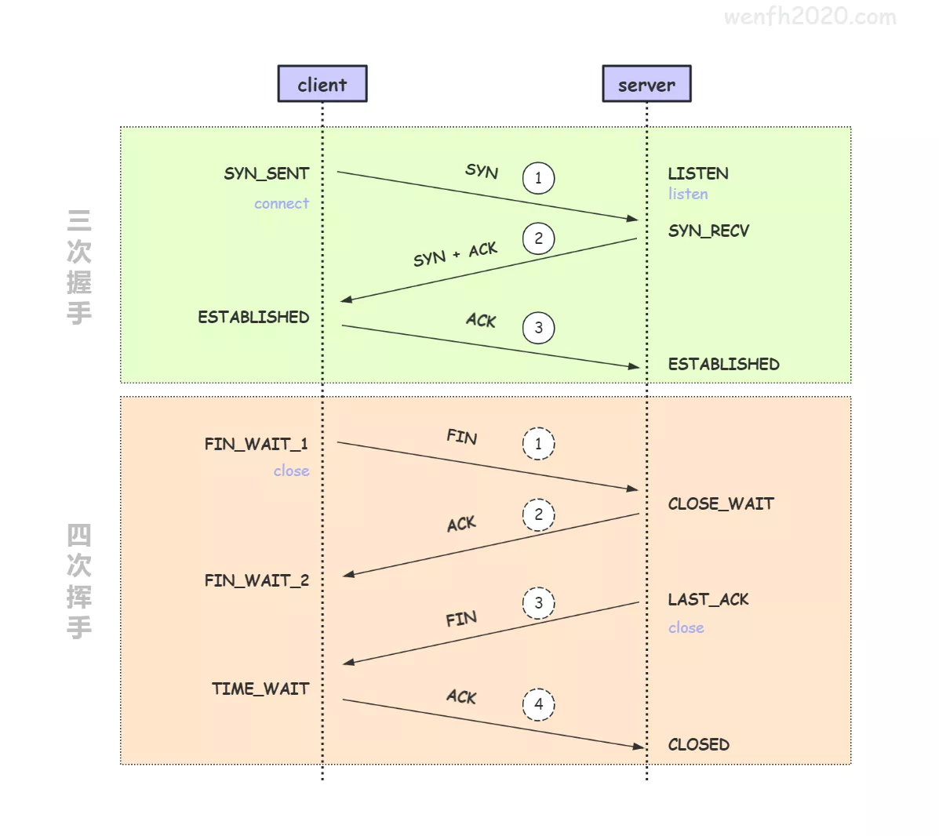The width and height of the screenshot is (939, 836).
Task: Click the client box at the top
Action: tap(322, 84)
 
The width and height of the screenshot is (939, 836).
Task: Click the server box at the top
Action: tap(646, 84)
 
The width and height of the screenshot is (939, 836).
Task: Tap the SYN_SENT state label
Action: tap(267, 173)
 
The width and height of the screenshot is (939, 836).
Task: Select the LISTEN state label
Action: tap(698, 173)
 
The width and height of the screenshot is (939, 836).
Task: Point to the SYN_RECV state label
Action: tap(708, 231)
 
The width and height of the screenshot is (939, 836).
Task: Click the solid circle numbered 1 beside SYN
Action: tap(538, 178)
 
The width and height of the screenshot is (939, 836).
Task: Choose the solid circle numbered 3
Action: tap(538, 328)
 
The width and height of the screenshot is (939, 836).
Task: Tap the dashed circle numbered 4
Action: tap(538, 704)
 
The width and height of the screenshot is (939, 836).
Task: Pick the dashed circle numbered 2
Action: tap(538, 515)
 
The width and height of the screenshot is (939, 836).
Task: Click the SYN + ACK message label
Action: tap(455, 254)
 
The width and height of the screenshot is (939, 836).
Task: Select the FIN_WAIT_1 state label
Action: tap(256, 444)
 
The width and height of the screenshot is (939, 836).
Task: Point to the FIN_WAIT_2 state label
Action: tap(257, 580)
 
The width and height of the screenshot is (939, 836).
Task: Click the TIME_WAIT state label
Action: tap(260, 689)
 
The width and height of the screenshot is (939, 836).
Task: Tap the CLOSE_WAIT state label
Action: tap(721, 503)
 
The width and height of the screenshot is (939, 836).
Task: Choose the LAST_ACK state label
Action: tap(708, 600)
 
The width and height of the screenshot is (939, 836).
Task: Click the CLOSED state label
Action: tap(698, 744)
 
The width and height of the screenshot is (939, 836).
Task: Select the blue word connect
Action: tap(282, 204)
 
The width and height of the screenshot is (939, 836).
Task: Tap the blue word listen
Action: tap(688, 194)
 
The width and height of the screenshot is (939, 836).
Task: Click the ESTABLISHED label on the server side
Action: tap(723, 364)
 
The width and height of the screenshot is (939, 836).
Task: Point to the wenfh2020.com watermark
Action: tap(810, 16)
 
